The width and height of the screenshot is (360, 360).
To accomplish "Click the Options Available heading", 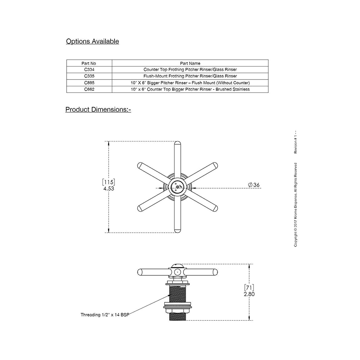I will [x=93, y=41].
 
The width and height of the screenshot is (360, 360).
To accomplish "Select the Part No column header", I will [x=89, y=63].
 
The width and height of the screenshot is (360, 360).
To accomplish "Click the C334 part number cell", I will [x=89, y=69].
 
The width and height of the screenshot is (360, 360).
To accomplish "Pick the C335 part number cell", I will [x=89, y=76].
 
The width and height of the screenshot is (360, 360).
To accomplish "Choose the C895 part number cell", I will [x=89, y=82].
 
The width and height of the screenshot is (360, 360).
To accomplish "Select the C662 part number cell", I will [x=89, y=89].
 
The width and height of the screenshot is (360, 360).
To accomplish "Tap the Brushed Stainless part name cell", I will [x=190, y=89].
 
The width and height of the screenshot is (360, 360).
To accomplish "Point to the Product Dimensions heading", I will [x=98, y=109].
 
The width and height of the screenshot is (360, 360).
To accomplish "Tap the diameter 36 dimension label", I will [x=254, y=185].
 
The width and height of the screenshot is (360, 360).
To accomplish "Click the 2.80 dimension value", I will [x=249, y=294].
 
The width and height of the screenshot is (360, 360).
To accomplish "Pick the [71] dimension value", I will [x=249, y=287].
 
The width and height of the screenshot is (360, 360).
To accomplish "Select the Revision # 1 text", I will [x=296, y=143].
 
